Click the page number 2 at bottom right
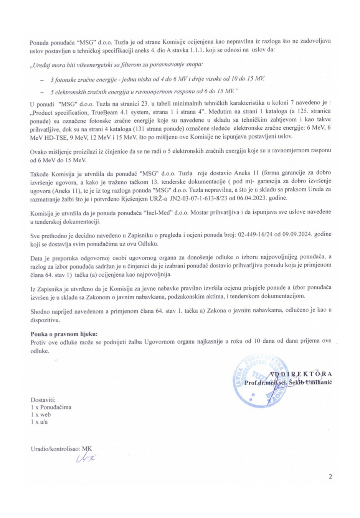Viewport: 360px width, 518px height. point(330,477)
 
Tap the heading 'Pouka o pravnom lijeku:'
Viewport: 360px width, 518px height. point(64,334)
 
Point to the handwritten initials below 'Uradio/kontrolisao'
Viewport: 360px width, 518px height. point(86,457)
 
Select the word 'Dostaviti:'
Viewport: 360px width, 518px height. point(43,400)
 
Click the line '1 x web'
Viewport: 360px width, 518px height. point(41,414)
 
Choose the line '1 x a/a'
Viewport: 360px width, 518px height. point(39,422)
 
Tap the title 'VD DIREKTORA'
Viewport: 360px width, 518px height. point(301,374)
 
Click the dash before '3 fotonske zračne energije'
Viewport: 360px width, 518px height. point(41,79)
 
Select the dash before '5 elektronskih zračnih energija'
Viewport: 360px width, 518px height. point(41,92)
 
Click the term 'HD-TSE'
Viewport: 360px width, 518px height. point(48,137)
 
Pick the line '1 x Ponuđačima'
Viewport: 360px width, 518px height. point(51,407)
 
